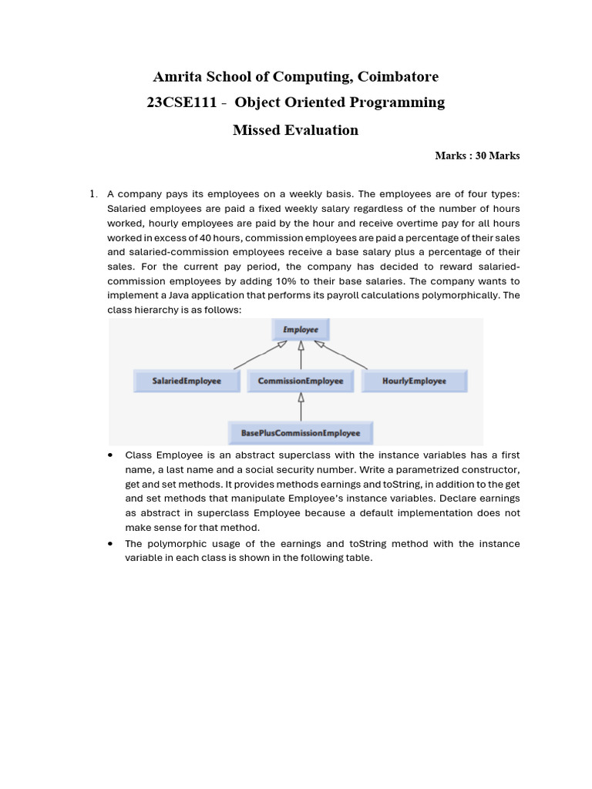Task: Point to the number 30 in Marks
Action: pos(480,156)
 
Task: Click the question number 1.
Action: pos(92,194)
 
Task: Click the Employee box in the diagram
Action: pos(301,330)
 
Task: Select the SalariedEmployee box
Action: pos(187,381)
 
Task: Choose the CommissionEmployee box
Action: pos(301,381)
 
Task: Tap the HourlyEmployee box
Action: pos(414,381)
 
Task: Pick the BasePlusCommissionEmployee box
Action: pos(301,433)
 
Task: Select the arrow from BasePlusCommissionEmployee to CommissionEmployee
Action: pos(301,407)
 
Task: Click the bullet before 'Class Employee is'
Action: pos(111,455)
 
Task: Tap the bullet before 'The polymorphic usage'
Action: pos(111,544)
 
